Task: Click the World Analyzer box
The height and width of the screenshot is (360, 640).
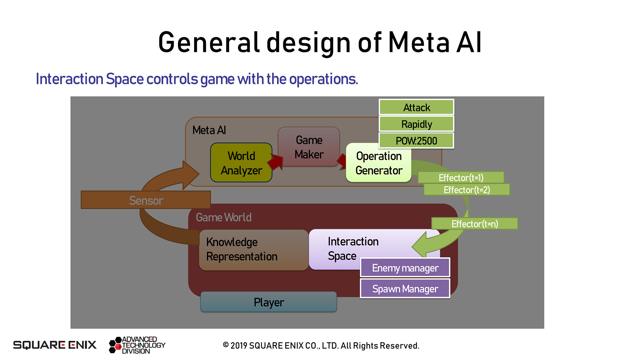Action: pyautogui.click(x=241, y=163)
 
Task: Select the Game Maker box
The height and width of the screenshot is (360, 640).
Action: pyautogui.click(x=309, y=147)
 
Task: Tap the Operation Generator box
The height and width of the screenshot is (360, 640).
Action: pyautogui.click(x=379, y=163)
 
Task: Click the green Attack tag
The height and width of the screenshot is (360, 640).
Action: pyautogui.click(x=416, y=107)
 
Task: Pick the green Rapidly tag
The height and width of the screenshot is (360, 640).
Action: pyautogui.click(x=416, y=124)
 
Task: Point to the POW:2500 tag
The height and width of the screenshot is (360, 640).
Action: pyautogui.click(x=416, y=141)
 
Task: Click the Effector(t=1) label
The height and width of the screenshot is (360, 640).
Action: pyautogui.click(x=461, y=178)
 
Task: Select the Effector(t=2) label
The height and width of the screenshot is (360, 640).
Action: pyautogui.click(x=467, y=190)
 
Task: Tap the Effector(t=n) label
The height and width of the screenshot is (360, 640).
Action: pyautogui.click(x=475, y=224)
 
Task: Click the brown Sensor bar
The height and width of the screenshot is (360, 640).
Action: pyautogui.click(x=146, y=200)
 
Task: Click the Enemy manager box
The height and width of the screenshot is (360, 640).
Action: pyautogui.click(x=405, y=268)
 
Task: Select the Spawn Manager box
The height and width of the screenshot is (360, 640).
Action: pyautogui.click(x=405, y=289)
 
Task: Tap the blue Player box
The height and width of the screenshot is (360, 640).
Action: pyautogui.click(x=269, y=302)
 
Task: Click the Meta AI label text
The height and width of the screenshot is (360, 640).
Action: pyautogui.click(x=209, y=130)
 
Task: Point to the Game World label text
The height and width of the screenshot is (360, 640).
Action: pyautogui.click(x=223, y=217)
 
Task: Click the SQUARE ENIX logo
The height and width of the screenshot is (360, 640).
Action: pyautogui.click(x=55, y=345)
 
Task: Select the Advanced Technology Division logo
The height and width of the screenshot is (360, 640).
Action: pyautogui.click(x=137, y=345)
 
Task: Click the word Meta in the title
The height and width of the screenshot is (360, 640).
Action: pyautogui.click(x=419, y=42)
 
